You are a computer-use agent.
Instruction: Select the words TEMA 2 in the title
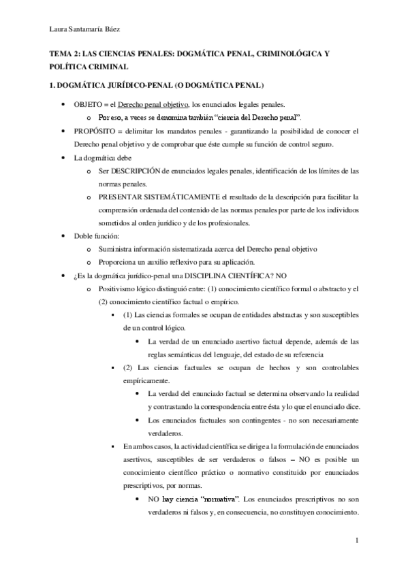tap(65, 54)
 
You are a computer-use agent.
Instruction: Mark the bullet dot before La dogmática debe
tap(63, 157)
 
